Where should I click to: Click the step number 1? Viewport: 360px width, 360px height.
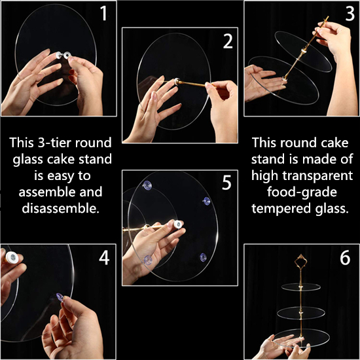pos(103,13)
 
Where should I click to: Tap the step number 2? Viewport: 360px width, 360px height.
pos(228,41)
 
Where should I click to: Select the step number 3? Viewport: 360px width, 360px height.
pos(350,13)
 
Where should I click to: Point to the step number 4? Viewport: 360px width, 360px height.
pos(104,258)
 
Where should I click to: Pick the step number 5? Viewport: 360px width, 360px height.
pos(226,183)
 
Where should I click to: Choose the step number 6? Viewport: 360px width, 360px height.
pos(345,258)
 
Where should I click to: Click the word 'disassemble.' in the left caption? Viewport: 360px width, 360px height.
pos(61,208)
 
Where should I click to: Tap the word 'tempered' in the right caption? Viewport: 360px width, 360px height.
pos(281,209)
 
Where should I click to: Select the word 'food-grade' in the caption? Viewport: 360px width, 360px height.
pos(302,192)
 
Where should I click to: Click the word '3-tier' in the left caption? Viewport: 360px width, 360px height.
pos(55,143)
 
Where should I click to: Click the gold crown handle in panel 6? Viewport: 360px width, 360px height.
pos(300,261)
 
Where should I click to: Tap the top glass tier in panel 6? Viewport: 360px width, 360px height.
pos(301,287)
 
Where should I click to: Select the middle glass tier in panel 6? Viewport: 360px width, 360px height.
pos(301,313)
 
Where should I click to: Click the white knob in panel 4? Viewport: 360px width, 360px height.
pos(12,257)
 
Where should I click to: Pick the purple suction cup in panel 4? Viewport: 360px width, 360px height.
pos(60,297)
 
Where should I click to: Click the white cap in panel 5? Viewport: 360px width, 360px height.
pos(178,225)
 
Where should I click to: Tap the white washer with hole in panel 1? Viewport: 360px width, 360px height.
pos(67,55)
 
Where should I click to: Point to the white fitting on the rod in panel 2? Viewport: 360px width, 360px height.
pos(177,81)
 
